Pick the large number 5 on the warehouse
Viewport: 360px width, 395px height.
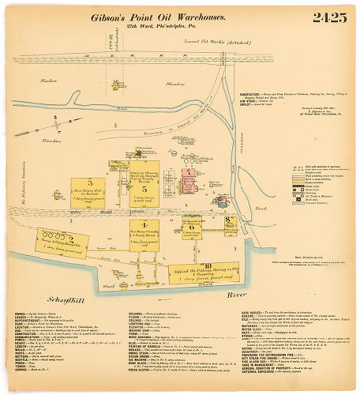coord(144,190)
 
